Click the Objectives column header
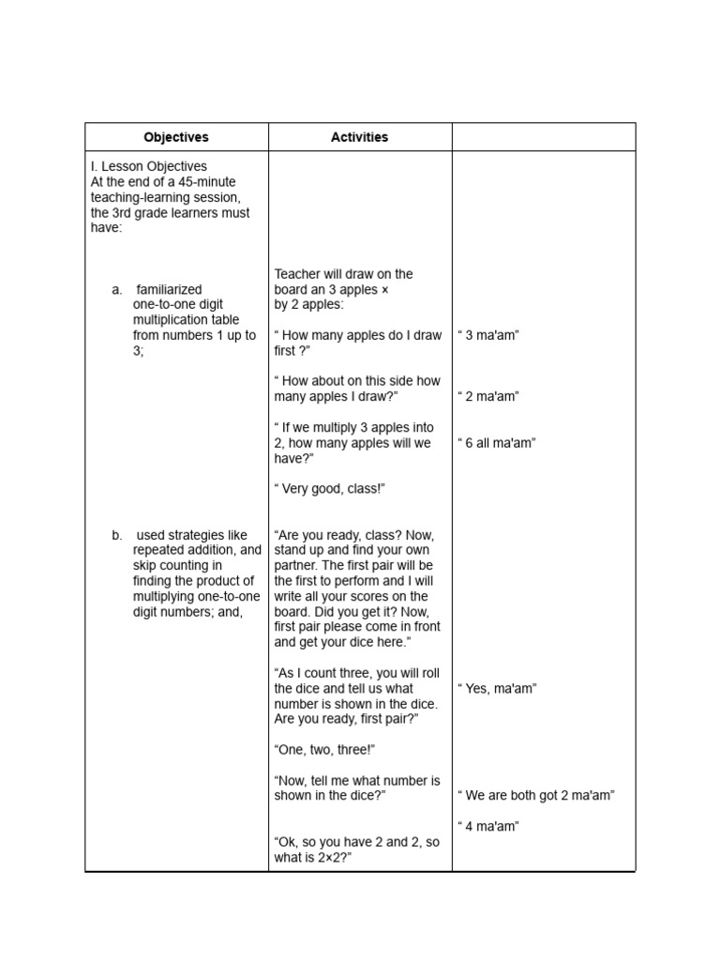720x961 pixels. click(x=176, y=137)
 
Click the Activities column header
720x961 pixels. click(x=359, y=137)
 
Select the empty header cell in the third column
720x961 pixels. click(x=543, y=137)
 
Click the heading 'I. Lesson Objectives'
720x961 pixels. click(x=149, y=166)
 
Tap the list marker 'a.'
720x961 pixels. click(x=117, y=290)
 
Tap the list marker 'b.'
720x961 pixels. click(x=117, y=536)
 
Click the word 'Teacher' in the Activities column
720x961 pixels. click(x=297, y=274)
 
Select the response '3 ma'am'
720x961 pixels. click(x=488, y=335)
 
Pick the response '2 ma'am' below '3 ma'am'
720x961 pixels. click(x=488, y=396)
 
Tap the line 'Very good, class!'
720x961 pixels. click(x=330, y=489)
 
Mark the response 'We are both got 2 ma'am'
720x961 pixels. click(x=535, y=796)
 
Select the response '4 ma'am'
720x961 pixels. click(x=488, y=827)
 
